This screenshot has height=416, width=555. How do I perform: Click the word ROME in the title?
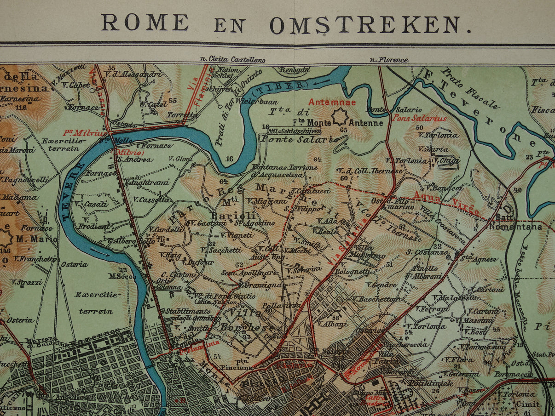(x=145, y=23)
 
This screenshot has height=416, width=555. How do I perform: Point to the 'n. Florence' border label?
(x=389, y=60)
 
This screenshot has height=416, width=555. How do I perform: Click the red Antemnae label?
(x=326, y=102)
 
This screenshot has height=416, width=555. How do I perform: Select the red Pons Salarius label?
(x=413, y=118)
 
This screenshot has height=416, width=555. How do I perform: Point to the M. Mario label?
(x=36, y=239)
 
